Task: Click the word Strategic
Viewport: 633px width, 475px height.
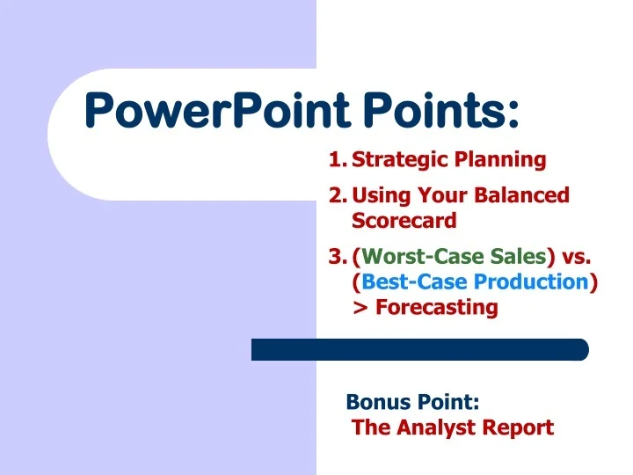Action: tap(399, 160)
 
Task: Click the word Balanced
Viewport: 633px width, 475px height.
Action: tap(525, 195)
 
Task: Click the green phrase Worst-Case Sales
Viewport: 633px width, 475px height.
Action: tap(454, 257)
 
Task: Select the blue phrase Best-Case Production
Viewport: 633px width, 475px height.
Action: tap(475, 281)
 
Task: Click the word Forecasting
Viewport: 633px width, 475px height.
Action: tap(437, 307)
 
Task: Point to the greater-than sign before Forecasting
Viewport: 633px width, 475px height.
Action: tap(360, 308)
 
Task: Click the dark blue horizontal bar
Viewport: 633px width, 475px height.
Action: tap(419, 349)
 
